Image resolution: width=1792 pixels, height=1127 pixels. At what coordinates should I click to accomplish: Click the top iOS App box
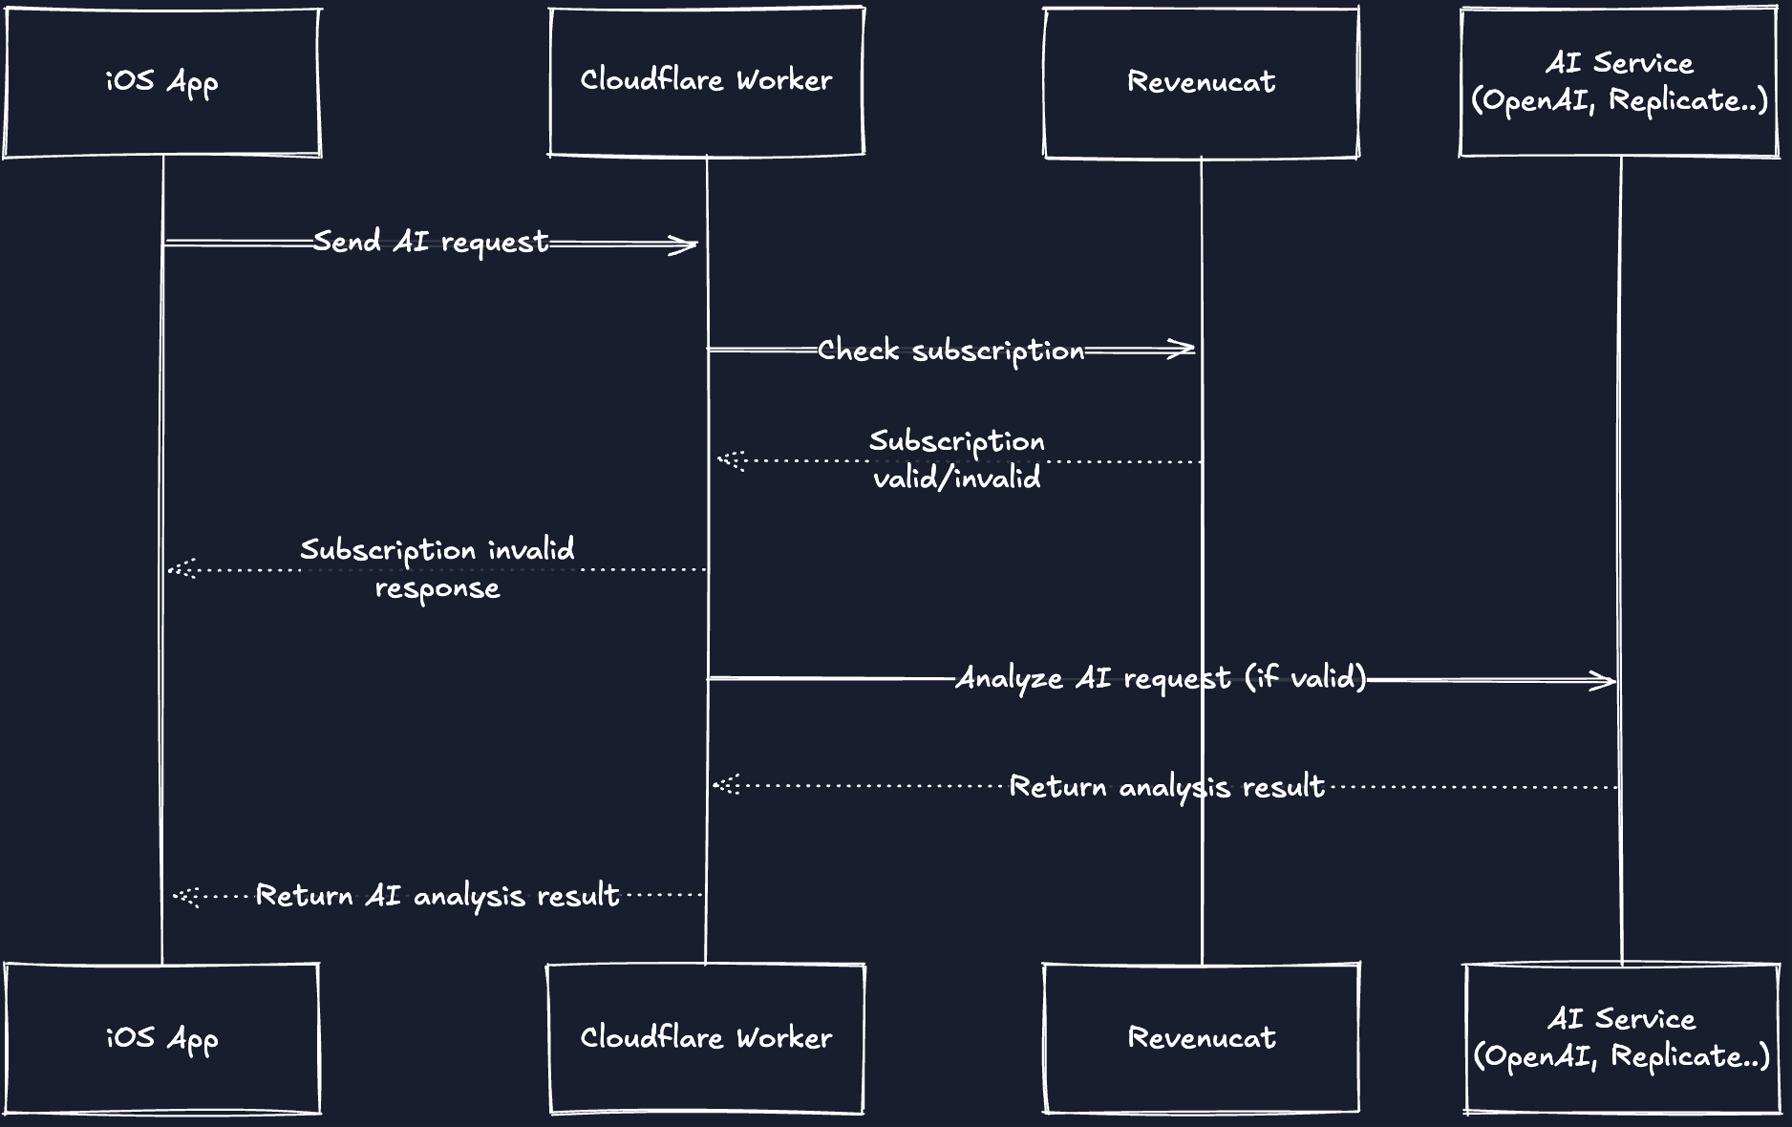click(x=161, y=82)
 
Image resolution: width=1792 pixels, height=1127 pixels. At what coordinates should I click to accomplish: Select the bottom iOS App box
click(x=161, y=1038)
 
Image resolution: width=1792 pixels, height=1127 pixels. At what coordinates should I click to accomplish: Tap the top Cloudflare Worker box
click(x=706, y=81)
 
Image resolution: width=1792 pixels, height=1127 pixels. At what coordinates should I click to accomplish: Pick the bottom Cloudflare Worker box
click(x=706, y=1038)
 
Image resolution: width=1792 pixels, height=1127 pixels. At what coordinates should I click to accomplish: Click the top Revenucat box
click(x=1201, y=82)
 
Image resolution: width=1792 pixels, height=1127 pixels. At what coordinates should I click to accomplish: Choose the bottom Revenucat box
click(x=1201, y=1038)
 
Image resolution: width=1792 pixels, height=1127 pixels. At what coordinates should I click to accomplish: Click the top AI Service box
click(x=1619, y=82)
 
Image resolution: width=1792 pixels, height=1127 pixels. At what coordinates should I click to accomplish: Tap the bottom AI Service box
click(x=1621, y=1038)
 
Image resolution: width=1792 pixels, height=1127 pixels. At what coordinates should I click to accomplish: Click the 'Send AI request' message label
click(x=431, y=243)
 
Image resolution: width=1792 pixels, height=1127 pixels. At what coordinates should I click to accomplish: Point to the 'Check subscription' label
click(x=950, y=351)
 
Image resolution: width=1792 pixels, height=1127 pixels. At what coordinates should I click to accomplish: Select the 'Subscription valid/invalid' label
click(x=956, y=459)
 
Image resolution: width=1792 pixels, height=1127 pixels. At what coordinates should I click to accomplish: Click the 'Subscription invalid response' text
click(x=437, y=568)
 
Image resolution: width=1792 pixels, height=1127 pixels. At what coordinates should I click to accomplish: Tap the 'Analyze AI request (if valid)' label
click(x=1161, y=678)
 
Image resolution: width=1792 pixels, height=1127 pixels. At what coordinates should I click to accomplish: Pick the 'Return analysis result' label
click(x=1166, y=787)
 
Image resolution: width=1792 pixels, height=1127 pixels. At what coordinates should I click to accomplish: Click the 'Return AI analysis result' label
click(x=437, y=896)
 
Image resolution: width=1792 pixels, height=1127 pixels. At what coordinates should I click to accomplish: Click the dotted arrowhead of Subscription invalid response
click(x=181, y=570)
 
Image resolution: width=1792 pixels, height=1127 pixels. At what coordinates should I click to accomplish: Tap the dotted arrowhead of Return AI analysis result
click(x=184, y=897)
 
